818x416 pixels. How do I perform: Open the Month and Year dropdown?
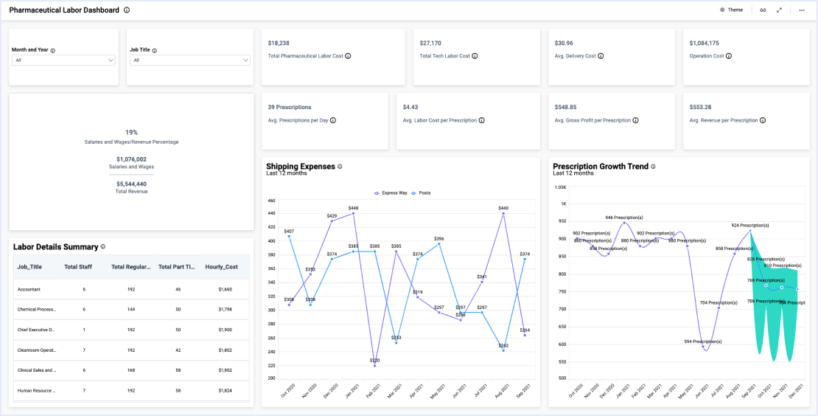[63, 60]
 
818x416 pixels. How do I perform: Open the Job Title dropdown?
[190, 60]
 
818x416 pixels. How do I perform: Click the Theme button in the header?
[731, 10]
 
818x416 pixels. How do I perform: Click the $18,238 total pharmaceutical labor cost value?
[279, 44]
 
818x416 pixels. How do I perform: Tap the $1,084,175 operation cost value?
[704, 44]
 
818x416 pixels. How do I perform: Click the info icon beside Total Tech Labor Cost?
[475, 56]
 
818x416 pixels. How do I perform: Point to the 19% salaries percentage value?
[131, 132]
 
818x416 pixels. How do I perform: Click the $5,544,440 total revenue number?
[131, 184]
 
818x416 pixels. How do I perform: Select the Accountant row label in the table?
[29, 290]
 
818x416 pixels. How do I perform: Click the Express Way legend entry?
[391, 193]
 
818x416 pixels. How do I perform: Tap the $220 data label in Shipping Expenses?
[375, 360]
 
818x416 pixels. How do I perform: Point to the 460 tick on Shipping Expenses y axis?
[271, 201]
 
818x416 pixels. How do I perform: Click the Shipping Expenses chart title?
[300, 167]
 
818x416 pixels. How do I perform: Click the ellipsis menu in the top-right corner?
[801, 10]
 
